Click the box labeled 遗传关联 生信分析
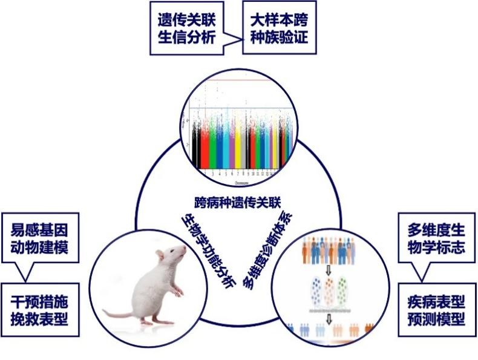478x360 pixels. coord(184,28)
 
